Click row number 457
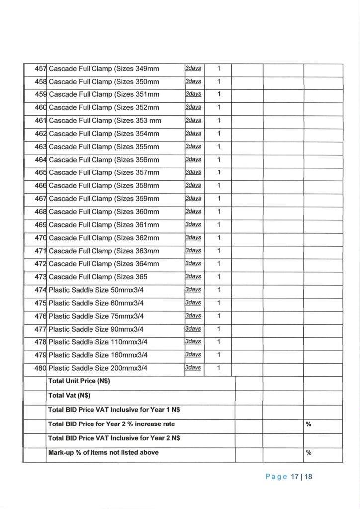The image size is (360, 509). click(40, 69)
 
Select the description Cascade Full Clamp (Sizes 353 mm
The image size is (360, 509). click(105, 121)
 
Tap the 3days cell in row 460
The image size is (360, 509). click(193, 107)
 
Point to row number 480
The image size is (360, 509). click(40, 368)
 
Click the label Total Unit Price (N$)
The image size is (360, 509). click(79, 382)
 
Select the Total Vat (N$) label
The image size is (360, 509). click(69, 396)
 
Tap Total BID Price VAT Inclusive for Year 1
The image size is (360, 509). click(114, 410)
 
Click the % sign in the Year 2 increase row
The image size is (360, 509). click(308, 424)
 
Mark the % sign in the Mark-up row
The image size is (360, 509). click(308, 453)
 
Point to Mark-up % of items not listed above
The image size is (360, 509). click(103, 453)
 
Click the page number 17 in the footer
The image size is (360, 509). click(295, 477)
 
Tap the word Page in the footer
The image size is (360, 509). click(276, 477)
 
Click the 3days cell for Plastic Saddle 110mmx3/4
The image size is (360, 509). click(193, 342)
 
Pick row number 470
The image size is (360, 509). click(40, 238)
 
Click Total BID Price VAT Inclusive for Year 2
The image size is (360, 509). click(114, 439)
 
